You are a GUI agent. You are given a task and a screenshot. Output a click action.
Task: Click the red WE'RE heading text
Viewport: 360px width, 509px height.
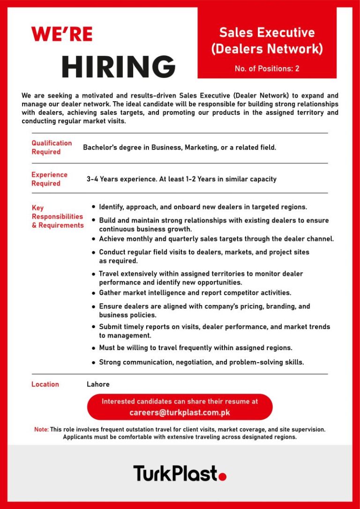tap(61, 34)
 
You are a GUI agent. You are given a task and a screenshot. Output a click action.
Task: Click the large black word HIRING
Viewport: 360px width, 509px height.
tap(118, 67)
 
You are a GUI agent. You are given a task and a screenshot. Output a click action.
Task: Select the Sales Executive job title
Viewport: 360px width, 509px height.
tap(267, 33)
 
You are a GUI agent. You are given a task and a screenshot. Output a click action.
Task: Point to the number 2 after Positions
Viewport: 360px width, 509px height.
tap(297, 69)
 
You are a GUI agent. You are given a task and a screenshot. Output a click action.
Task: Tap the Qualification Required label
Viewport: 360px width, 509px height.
tap(52, 147)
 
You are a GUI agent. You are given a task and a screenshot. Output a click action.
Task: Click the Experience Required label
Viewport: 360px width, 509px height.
tap(49, 179)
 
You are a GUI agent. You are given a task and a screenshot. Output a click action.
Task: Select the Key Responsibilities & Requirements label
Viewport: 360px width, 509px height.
tap(57, 217)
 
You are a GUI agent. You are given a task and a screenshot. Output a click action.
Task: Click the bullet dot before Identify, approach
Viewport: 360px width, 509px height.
tap(94, 207)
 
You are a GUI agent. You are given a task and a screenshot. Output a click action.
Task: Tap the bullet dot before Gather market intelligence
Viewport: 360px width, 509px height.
tap(94, 293)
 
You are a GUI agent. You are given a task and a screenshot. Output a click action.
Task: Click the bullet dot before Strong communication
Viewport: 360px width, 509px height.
tap(94, 362)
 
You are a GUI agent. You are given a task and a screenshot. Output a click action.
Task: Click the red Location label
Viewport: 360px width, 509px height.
tap(45, 384)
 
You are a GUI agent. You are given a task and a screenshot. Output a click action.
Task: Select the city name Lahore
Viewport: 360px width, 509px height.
tap(98, 384)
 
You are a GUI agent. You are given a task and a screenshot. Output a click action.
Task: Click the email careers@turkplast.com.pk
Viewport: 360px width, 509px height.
tap(180, 413)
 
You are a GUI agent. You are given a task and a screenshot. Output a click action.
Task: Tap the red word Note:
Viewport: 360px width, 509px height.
tap(41, 429)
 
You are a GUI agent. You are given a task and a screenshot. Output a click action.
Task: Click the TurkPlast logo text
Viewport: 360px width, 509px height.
tap(175, 473)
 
